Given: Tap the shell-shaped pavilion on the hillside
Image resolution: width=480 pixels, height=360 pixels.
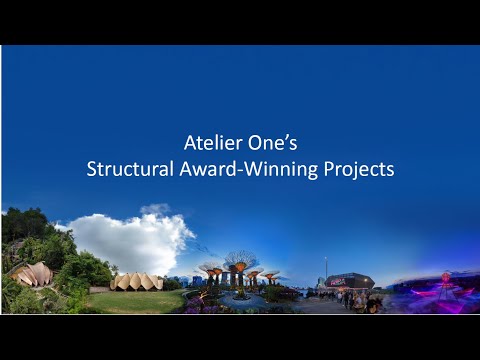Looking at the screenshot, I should (32, 274).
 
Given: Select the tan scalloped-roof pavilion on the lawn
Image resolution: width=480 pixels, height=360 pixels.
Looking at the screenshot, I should (136, 282).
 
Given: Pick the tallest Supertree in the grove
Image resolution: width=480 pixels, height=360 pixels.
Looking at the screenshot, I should (240, 262).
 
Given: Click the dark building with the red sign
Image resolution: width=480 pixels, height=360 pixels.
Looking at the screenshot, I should (350, 281).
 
